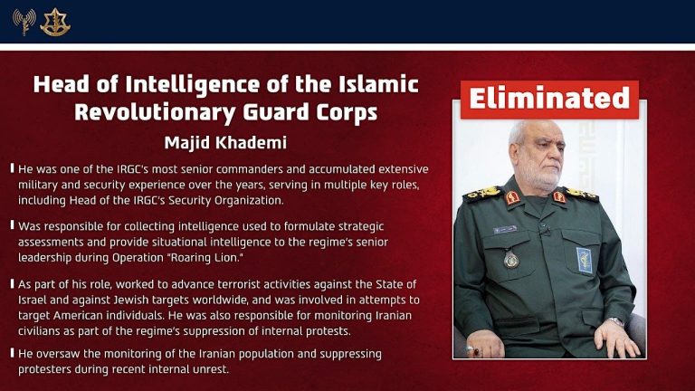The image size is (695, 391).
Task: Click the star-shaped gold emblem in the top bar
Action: click(55, 22)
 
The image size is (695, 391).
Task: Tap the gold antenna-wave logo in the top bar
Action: click(24, 22)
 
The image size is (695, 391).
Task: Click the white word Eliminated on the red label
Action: click(549, 99)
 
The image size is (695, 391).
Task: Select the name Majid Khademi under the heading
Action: click(225, 143)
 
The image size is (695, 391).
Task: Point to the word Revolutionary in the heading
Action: click(164, 112)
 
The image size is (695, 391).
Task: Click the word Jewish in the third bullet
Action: click(141, 300)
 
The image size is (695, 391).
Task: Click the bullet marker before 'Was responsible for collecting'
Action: click(11, 224)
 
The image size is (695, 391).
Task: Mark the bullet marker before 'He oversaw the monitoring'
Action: click(11, 353)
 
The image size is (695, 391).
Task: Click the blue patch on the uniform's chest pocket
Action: click(585, 261)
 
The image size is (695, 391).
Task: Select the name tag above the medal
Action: click(505, 230)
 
